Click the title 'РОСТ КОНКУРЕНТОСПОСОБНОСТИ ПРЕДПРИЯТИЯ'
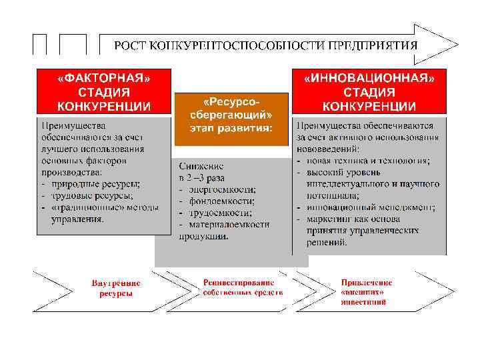point(265,45)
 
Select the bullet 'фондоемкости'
point(221,201)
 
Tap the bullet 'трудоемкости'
point(219,213)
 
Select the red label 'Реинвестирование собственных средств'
point(243,288)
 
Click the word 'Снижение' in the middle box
point(202,166)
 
